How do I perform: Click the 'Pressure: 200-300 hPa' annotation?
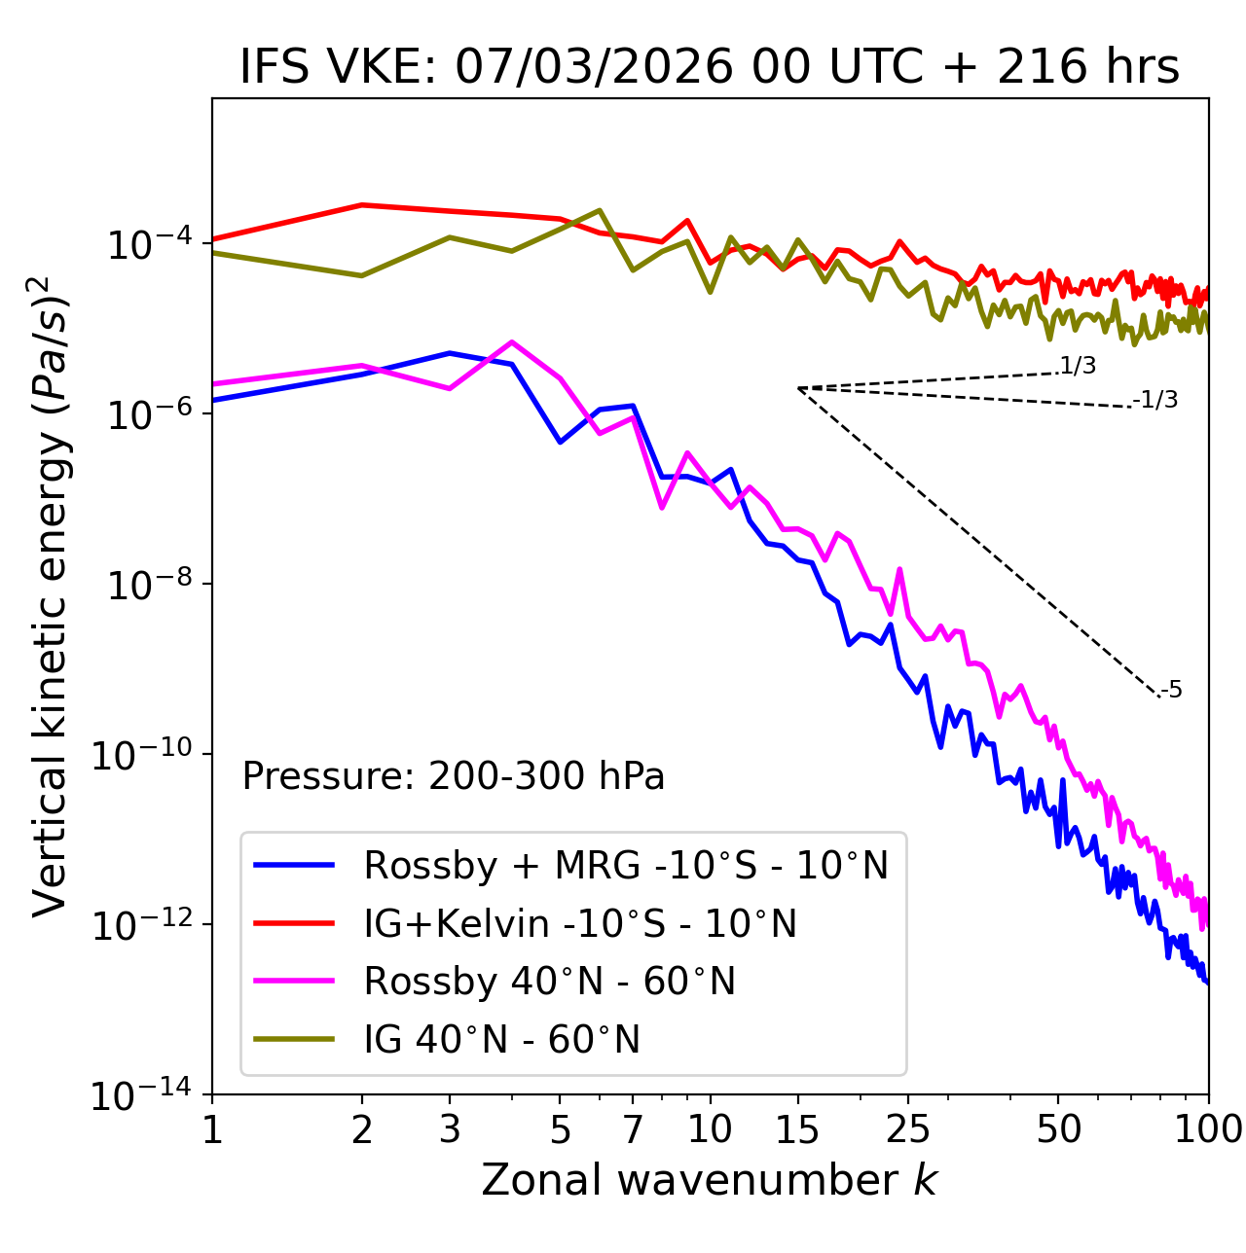[x=453, y=776]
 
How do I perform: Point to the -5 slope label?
[x=1172, y=690]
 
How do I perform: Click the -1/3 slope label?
[x=1156, y=400]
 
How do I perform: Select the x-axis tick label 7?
[x=633, y=1128]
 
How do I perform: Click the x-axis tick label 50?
[x=1058, y=1128]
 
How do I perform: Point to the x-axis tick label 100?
[x=1208, y=1128]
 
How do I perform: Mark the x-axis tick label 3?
[x=449, y=1128]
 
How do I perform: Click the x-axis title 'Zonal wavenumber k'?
[x=709, y=1180]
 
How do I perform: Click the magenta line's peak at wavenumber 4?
[x=512, y=341]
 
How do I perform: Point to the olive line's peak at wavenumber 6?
[x=600, y=210]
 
